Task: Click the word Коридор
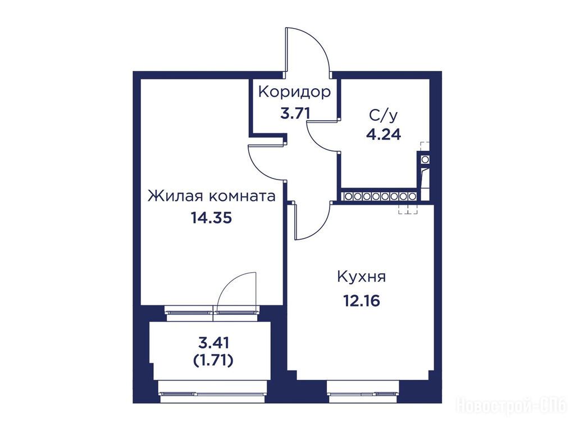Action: [x=294, y=93]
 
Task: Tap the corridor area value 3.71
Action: [x=295, y=113]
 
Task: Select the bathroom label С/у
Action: [x=383, y=116]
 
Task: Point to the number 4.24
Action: [x=384, y=135]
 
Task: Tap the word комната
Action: [x=243, y=197]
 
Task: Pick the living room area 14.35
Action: [x=211, y=218]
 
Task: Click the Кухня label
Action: [x=361, y=277]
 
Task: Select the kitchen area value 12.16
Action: [x=361, y=301]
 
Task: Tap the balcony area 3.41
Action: [x=213, y=343]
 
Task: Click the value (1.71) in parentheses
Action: [x=213, y=361]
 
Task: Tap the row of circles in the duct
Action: [x=380, y=196]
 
